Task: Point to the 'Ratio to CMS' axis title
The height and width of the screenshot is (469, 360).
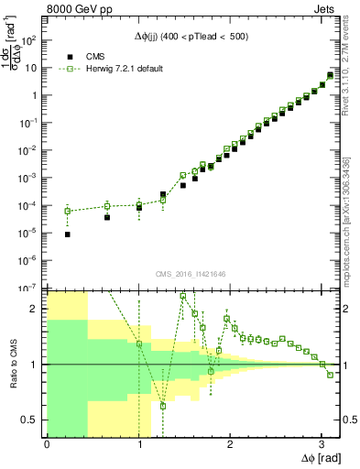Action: point(14,364)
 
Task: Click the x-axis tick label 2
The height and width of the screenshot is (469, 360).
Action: point(230,444)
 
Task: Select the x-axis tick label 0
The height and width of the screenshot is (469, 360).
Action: point(47,444)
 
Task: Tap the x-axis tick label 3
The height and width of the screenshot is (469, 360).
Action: point(322,444)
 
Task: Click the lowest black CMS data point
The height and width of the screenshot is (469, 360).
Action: point(68,234)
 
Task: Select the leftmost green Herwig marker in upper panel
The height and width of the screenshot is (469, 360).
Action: point(68,211)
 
